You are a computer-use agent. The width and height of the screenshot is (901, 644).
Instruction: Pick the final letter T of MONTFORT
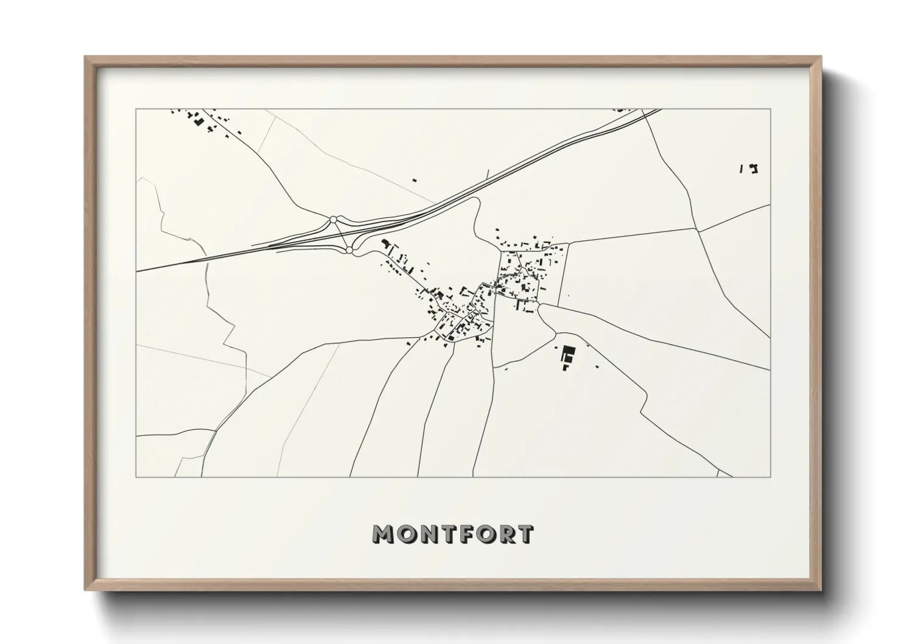[525, 534]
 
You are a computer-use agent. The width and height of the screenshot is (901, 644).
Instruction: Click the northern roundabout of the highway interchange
[333, 219]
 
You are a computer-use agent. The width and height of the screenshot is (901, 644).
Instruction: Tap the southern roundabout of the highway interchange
[349, 250]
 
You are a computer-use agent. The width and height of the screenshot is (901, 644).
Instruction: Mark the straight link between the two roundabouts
[341, 234]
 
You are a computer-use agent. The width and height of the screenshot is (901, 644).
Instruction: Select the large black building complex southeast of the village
[569, 355]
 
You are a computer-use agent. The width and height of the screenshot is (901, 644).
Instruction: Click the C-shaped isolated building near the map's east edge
[755, 169]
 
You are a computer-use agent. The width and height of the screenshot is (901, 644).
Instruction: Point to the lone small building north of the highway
[415, 180]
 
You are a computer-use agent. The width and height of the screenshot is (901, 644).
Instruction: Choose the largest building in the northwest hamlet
[197, 119]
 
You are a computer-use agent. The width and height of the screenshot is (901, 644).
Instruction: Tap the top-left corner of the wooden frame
[86, 57]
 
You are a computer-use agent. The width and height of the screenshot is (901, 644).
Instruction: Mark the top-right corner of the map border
[771, 110]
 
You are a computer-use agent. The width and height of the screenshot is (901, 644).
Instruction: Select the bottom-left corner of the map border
[136, 477]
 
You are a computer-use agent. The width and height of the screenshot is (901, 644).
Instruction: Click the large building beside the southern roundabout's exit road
[385, 243]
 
